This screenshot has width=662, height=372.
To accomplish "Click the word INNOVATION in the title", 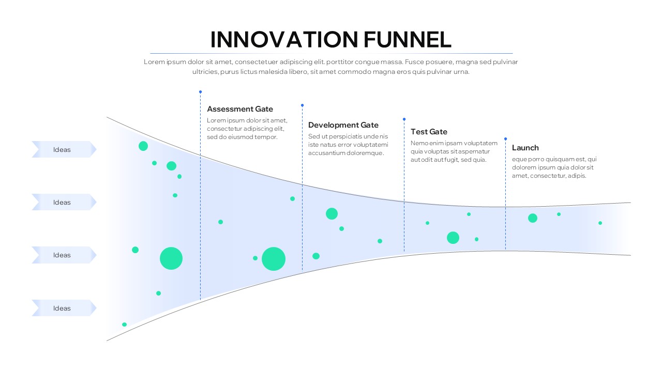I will [284, 40].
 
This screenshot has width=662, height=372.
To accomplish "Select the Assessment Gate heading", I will [240, 109].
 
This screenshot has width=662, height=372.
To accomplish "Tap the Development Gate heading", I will [343, 125].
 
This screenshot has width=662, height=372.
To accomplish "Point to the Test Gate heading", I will [429, 132].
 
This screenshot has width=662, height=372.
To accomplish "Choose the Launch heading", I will [525, 148].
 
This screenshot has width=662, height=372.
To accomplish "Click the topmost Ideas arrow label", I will [63, 150].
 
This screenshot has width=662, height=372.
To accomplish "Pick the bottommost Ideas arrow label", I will [63, 308].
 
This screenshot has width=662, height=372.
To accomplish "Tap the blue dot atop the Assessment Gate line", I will [200, 92].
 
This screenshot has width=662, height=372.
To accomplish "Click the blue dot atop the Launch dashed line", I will [505, 138].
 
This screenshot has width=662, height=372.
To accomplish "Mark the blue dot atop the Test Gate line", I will [404, 119].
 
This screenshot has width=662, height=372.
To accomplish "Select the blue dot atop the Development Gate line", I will [302, 105].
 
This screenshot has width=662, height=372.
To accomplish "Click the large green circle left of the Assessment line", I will [171, 258].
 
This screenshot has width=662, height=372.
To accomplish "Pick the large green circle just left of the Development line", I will [274, 259].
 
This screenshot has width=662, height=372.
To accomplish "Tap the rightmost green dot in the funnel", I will [600, 223].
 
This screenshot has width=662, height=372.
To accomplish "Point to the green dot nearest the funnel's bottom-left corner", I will [124, 324].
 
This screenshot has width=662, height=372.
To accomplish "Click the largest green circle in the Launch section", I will [533, 218].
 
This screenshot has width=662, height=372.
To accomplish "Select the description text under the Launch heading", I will [553, 167].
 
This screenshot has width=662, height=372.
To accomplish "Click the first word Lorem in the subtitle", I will [154, 62].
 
